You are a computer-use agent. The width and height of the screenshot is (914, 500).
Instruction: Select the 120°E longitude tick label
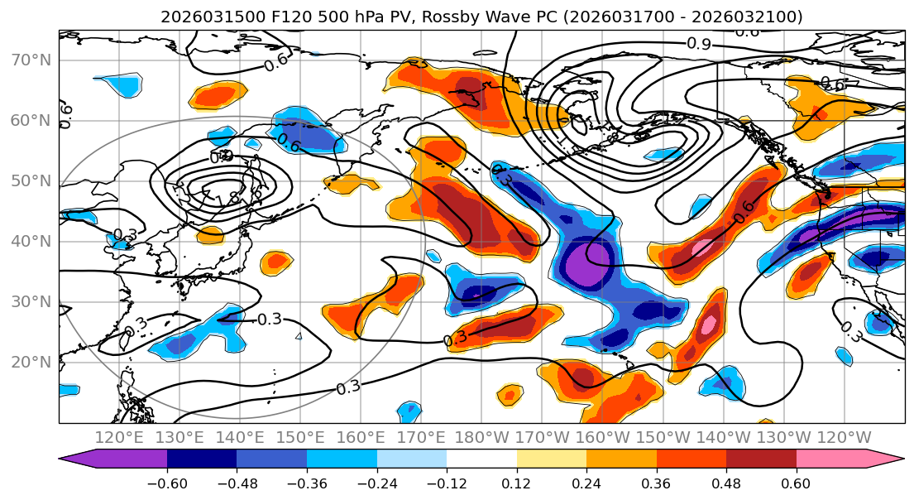click(x=119, y=437)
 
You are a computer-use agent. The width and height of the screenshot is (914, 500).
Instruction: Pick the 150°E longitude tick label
click(x=302, y=437)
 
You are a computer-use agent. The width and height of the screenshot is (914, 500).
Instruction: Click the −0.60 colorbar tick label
click(x=167, y=484)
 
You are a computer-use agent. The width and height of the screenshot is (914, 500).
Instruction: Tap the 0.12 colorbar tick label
click(x=517, y=484)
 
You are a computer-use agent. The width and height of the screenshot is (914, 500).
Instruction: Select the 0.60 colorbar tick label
click(x=797, y=484)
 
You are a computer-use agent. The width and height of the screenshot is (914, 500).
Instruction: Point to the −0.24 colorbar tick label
click(x=376, y=484)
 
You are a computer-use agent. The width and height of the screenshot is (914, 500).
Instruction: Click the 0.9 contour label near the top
click(x=699, y=44)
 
